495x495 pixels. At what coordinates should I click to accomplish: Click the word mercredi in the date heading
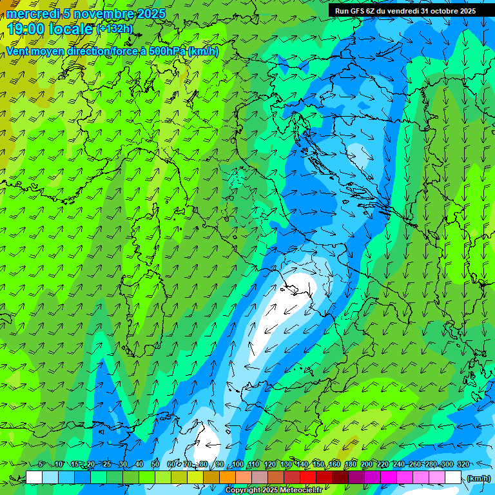[x=32, y=14]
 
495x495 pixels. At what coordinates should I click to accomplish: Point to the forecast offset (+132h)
[x=115, y=29]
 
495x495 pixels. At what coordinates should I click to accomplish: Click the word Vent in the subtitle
[x=19, y=52]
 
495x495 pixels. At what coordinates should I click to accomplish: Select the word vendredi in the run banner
[x=400, y=11]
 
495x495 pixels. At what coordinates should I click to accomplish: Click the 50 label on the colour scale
[x=155, y=464]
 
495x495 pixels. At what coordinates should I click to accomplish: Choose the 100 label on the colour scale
[x=237, y=464]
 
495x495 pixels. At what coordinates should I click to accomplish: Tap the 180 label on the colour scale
[x=350, y=464]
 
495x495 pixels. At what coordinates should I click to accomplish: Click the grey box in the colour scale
[x=260, y=478]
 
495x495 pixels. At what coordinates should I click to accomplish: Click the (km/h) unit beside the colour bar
[x=478, y=478]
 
